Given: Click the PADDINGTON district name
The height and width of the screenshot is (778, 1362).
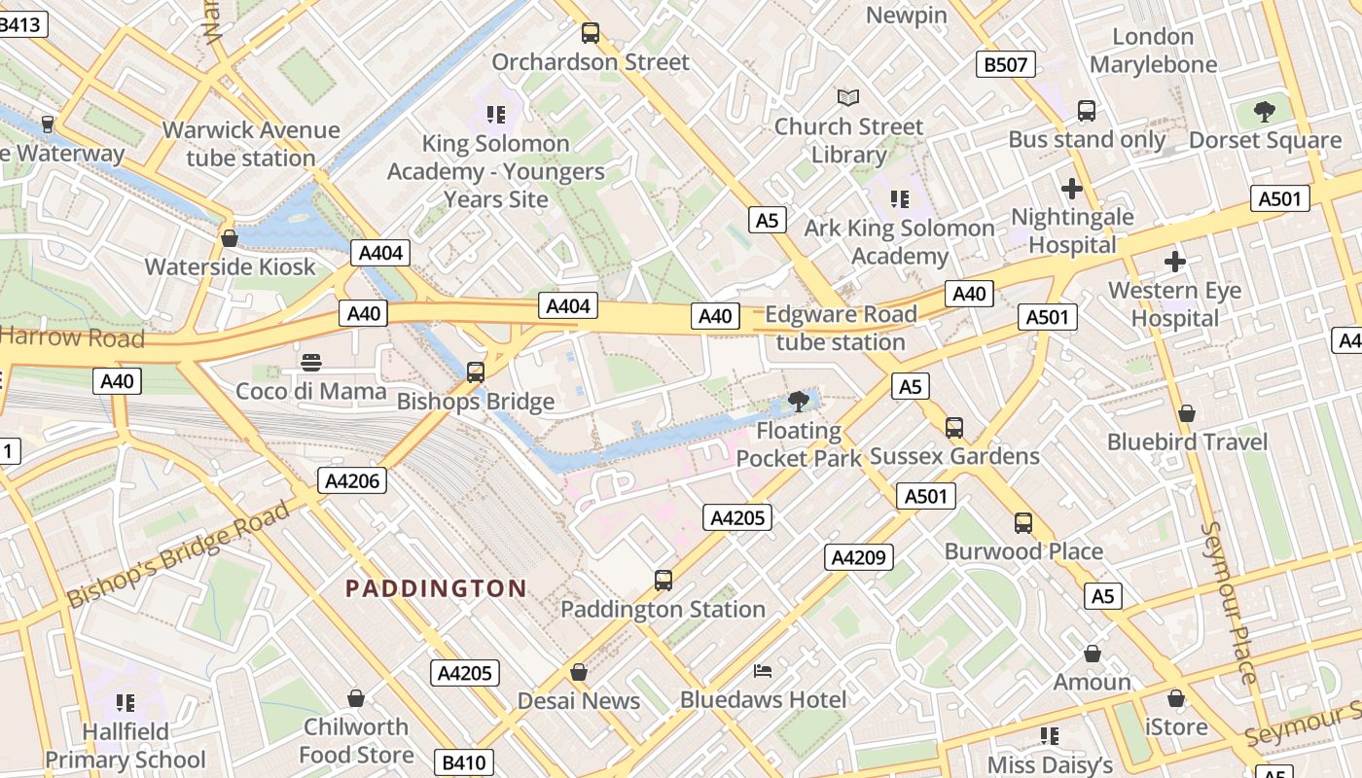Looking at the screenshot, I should click(x=436, y=588).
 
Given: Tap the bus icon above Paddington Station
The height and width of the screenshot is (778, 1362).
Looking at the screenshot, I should click(x=663, y=581).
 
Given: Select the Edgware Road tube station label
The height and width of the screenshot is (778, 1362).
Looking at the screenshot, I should click(x=841, y=328).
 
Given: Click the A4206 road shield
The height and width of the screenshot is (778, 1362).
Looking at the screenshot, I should click(x=352, y=480).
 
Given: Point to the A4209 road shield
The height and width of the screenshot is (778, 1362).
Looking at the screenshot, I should click(x=859, y=557).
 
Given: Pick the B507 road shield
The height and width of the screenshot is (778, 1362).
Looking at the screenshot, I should click(x=1006, y=65).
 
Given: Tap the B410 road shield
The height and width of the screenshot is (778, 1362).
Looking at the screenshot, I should click(x=463, y=762).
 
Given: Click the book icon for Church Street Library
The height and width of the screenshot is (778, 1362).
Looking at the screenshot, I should click(x=848, y=97).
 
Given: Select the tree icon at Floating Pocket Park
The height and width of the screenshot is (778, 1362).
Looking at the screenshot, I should click(x=799, y=401).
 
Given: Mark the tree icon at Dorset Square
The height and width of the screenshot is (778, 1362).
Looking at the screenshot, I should click(x=1265, y=112).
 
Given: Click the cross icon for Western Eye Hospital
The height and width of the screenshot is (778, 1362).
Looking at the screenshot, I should click(x=1175, y=262).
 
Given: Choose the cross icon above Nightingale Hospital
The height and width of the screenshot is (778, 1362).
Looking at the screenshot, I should click(x=1072, y=188).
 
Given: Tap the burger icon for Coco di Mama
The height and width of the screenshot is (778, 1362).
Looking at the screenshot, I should click(x=311, y=363).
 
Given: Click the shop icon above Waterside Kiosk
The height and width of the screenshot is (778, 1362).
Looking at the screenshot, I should click(x=230, y=238).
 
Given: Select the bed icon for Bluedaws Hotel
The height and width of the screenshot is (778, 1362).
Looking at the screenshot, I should click(x=764, y=671).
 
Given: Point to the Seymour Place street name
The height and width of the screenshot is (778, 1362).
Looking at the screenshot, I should click(x=1231, y=603).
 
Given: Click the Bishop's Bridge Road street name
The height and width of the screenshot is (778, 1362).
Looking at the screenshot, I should click(x=179, y=554).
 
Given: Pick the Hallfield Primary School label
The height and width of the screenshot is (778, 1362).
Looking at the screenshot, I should click(x=125, y=745).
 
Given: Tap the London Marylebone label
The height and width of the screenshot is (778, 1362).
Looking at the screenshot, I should click(x=1153, y=51).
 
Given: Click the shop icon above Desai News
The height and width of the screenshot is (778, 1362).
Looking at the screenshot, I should click(x=579, y=672).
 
